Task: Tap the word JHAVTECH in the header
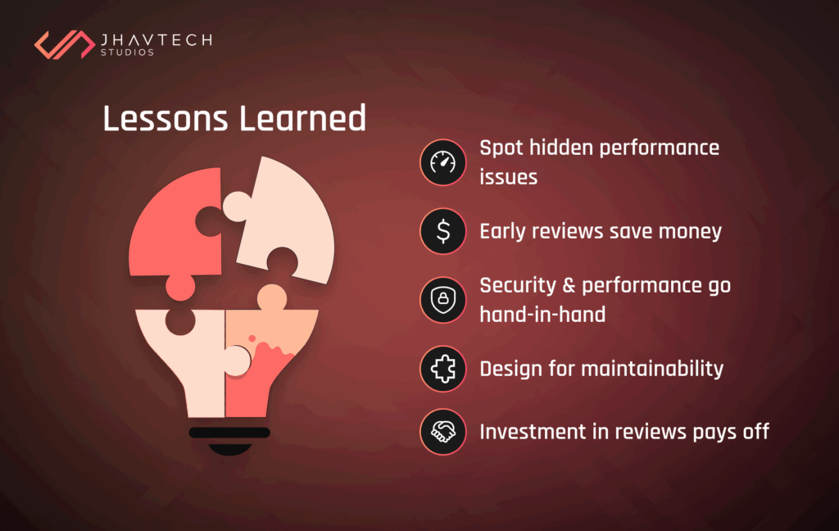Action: (x=155, y=39)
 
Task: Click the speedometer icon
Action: (x=442, y=161)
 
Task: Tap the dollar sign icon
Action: (x=442, y=231)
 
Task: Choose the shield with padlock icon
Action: (x=442, y=299)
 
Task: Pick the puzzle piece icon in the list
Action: (x=442, y=369)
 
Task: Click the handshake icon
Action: (x=442, y=431)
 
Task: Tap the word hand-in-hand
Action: (x=542, y=314)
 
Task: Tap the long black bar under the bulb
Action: (x=229, y=432)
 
